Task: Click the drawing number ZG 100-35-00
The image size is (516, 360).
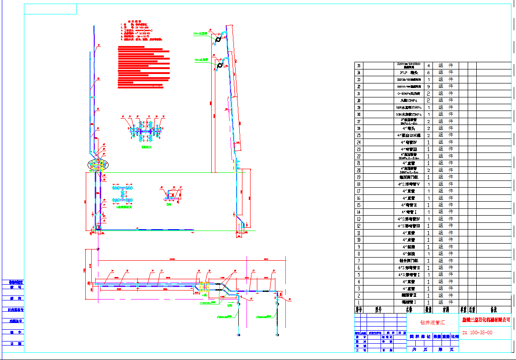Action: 477,333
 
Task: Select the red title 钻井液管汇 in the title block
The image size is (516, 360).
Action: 432,323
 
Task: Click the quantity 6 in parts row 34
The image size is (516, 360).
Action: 428,73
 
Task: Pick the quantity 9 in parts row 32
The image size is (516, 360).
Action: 428,87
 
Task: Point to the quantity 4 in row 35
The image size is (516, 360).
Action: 428,65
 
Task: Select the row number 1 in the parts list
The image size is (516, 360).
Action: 359,302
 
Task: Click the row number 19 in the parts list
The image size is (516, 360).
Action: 359,177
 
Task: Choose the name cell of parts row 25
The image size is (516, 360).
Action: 409,135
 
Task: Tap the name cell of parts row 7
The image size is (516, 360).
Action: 409,261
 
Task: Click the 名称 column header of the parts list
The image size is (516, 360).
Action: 409,310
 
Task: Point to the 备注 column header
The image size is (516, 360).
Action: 493,310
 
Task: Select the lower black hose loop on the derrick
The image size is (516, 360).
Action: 220,66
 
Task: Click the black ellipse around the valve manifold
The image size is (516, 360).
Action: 98,165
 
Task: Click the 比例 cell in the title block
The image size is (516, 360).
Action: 454,337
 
